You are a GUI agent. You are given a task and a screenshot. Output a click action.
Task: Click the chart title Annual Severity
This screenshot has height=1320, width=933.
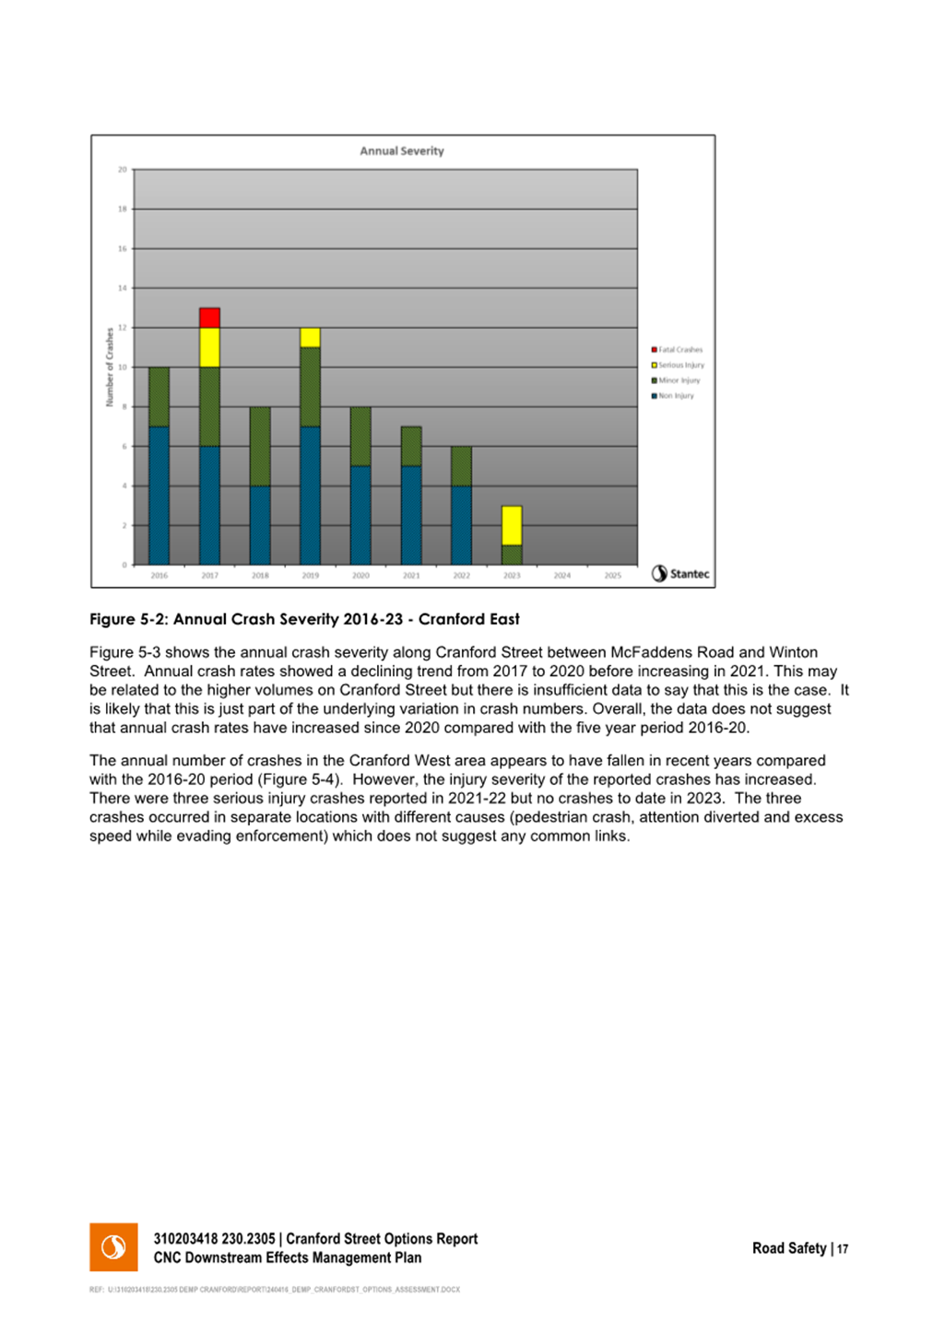[x=401, y=151]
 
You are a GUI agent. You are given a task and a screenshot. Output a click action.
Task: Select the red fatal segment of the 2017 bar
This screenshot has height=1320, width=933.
[x=209, y=318]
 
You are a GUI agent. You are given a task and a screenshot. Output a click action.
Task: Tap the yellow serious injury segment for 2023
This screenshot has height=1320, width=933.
[x=512, y=525]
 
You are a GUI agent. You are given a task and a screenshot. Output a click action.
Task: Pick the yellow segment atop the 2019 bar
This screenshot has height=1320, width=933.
[x=311, y=337]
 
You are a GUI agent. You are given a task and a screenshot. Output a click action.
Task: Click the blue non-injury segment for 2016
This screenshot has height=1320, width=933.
[x=159, y=496]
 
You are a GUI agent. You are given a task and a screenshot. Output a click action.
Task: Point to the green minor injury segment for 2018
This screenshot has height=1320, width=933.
[x=260, y=446]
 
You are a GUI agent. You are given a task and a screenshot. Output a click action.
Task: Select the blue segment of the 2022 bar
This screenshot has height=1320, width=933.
[x=461, y=525]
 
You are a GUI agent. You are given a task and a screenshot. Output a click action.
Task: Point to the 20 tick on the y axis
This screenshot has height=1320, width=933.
[x=123, y=169]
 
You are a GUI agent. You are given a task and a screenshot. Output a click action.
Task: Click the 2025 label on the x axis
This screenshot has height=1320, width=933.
[x=612, y=576]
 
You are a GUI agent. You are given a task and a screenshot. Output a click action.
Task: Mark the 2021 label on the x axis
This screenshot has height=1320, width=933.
[x=411, y=576]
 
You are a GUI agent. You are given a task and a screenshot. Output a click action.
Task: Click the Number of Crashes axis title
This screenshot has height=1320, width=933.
[x=110, y=367]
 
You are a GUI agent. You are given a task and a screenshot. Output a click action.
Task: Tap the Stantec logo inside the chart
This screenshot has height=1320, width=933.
[x=680, y=574]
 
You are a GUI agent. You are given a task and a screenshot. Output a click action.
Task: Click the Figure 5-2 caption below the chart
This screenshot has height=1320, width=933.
[x=304, y=619]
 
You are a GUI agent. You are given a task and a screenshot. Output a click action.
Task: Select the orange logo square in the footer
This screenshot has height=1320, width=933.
[x=113, y=1247]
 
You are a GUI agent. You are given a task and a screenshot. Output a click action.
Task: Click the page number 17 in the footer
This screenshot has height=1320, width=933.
[x=843, y=1249]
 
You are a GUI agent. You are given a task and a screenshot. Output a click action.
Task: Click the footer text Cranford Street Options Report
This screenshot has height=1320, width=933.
[x=382, y=1239]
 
